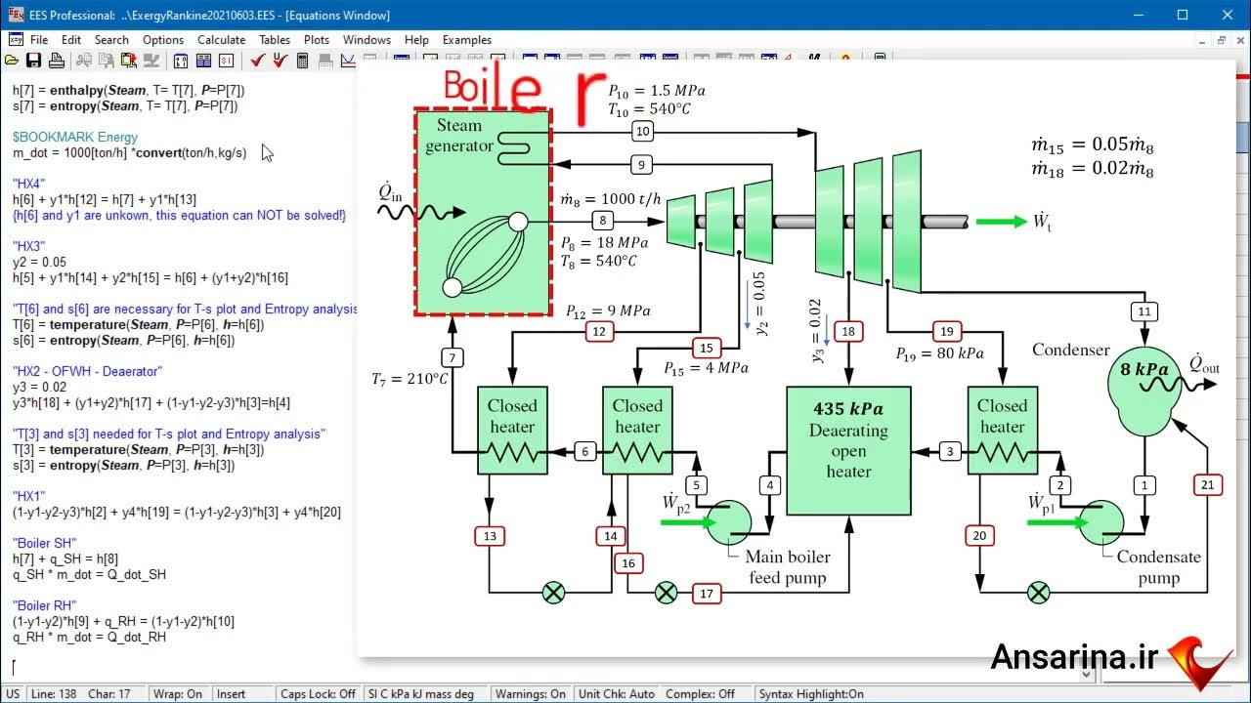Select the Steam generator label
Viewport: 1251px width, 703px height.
[459, 136]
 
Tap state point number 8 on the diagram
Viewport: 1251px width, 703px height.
[603, 221]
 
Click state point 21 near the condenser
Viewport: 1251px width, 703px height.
[1208, 484]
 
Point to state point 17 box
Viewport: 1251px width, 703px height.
[707, 593]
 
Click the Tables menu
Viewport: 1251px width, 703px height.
[275, 40]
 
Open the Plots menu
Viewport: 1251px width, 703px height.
[317, 40]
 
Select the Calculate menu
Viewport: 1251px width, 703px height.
[221, 40]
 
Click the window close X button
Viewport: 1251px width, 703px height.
[1227, 15]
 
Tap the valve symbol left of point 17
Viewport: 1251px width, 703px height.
[666, 593]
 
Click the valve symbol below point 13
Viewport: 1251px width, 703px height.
[553, 593]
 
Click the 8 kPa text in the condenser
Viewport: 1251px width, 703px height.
[1144, 370]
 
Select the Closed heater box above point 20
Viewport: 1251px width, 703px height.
[1002, 430]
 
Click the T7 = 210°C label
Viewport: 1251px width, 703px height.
[409, 379]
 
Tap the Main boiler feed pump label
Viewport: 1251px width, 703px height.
[788, 567]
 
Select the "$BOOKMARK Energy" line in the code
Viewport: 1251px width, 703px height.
[75, 138]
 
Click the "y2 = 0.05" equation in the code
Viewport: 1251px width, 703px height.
[40, 263]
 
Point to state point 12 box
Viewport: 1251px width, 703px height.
[599, 332]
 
